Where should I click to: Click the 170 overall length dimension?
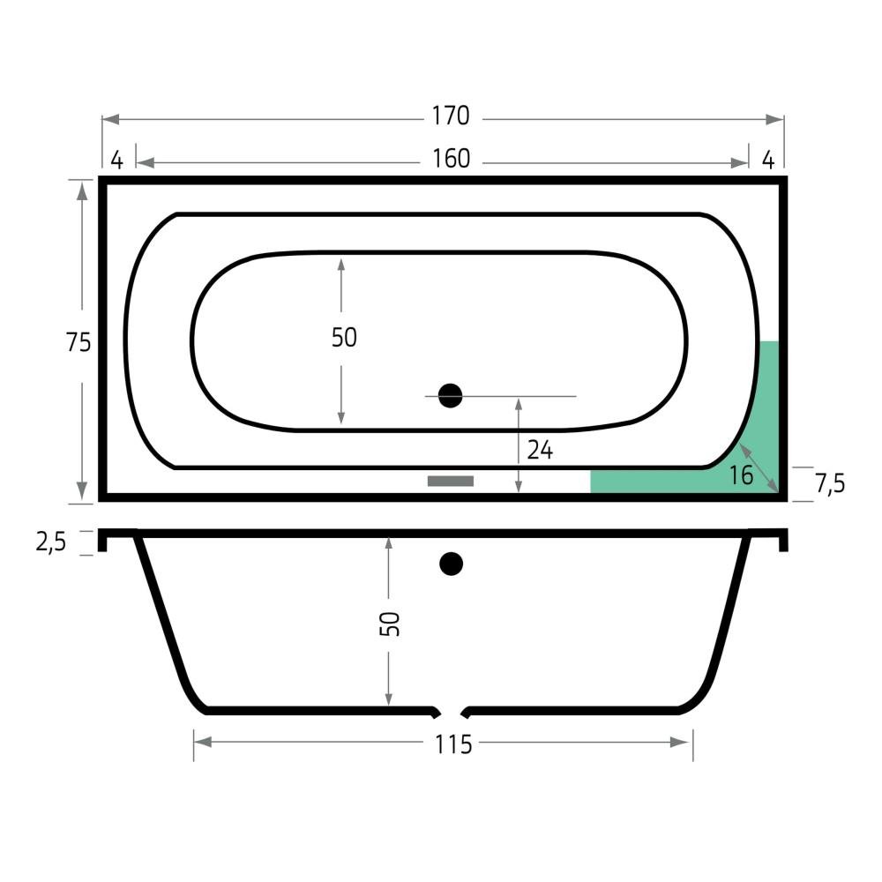pos(451,116)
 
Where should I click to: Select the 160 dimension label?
pos(451,159)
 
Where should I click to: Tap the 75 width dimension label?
pos(78,342)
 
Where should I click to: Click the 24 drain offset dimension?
pos(540,450)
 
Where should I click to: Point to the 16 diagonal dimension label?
pos(741,476)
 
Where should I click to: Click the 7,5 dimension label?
pos(830,483)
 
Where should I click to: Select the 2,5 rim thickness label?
pos(50,542)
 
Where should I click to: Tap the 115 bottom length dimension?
pos(452,744)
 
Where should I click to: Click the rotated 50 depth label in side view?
pos(390,624)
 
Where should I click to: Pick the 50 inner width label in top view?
pos(344,338)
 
